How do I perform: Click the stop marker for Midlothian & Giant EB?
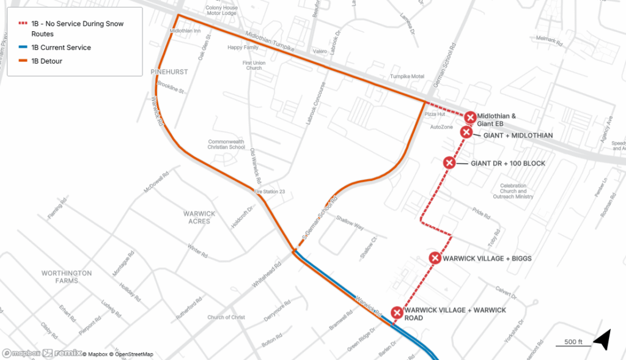[x=470, y=117]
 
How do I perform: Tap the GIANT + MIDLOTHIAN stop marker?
[x=466, y=133]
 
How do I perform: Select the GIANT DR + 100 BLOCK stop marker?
[x=449, y=163]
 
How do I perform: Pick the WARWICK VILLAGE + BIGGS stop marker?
[x=435, y=258]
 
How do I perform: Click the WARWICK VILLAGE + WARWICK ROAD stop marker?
[x=397, y=314]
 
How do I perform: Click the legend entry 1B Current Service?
[x=61, y=48]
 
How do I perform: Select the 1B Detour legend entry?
[x=47, y=61]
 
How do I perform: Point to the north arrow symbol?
[x=603, y=340]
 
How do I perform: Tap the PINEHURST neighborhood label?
[x=169, y=72]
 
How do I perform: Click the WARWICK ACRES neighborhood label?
[x=200, y=217]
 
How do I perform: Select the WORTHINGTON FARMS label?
[x=67, y=277]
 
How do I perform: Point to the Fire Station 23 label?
[x=270, y=192]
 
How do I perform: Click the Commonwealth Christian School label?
[x=226, y=144]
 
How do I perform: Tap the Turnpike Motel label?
[x=407, y=77]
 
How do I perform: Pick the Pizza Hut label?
[x=435, y=114]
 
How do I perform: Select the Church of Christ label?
[x=226, y=317]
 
